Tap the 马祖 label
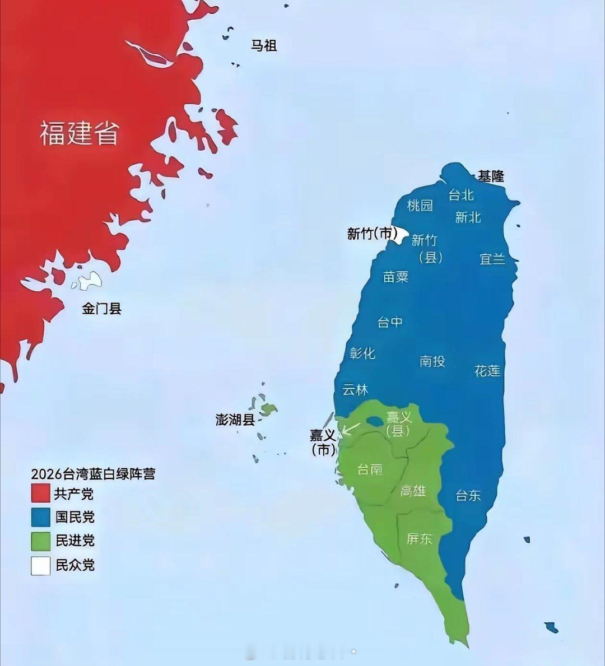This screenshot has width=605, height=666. coord(264,45)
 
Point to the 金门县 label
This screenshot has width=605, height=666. coord(101,309)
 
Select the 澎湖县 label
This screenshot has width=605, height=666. coord(235,420)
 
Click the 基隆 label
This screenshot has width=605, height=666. coord(491,176)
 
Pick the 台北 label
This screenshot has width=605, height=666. coord(461,195)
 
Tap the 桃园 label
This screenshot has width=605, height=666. coord(420,206)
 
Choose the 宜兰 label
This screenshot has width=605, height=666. coord(492,259)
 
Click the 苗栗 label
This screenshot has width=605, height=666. coord(395,277)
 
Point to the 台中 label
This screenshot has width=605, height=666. coord(390,322)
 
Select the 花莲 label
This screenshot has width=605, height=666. coord(487,371)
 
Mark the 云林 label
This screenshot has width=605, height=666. coord(355,390)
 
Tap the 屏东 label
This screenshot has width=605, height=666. coord(420,539)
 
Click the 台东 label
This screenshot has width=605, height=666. coord(468,495)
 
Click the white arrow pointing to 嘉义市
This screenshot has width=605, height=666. coord(351,429)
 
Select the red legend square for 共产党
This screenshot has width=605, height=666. coord(41,493)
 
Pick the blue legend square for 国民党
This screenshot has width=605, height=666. coord(41,517)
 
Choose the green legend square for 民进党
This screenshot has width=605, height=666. coord(41,541)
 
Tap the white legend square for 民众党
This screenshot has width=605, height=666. coord(41,565)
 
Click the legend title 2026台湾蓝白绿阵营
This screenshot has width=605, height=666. coord(93,474)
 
